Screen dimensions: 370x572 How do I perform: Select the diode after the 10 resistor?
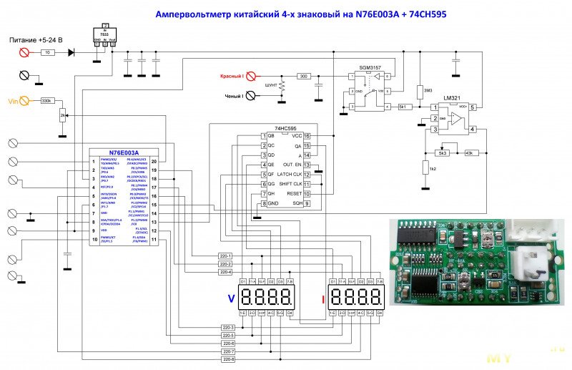point(71,52)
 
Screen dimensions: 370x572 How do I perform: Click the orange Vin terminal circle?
point(24,102)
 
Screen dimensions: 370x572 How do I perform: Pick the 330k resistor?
point(48,102)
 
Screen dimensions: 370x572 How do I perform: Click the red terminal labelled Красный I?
point(251,76)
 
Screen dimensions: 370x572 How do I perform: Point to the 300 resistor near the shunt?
point(303,76)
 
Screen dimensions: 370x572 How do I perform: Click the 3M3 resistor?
point(420,92)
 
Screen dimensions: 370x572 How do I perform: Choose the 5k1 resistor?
point(404,107)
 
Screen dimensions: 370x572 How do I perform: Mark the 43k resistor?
point(469,152)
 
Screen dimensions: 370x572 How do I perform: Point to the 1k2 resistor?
point(423,169)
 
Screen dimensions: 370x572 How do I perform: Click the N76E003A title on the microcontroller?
point(124,152)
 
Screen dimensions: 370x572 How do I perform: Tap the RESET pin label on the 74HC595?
point(293,194)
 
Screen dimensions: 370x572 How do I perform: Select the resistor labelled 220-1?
point(226,256)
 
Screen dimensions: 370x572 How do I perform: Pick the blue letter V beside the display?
point(230,298)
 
